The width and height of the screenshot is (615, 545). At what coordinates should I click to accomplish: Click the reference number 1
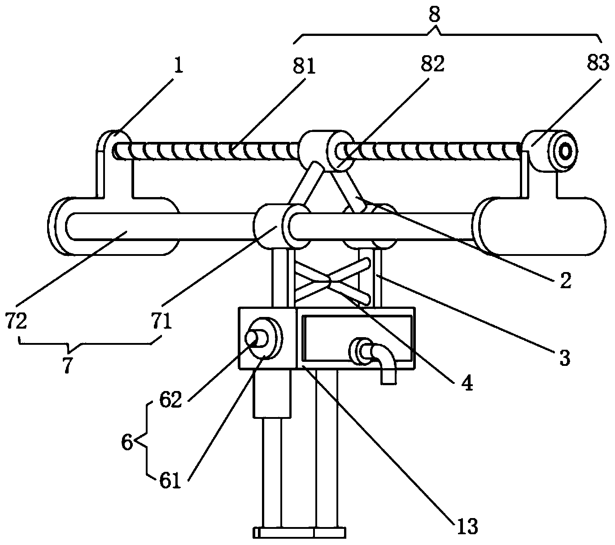coord(179,66)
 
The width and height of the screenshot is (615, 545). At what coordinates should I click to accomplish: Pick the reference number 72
coord(17,322)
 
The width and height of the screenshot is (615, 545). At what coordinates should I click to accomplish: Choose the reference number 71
coord(161,322)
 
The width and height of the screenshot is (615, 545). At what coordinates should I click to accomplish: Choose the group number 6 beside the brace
coord(127,443)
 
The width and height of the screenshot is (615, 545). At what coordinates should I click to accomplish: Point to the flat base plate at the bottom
coord(299,532)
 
